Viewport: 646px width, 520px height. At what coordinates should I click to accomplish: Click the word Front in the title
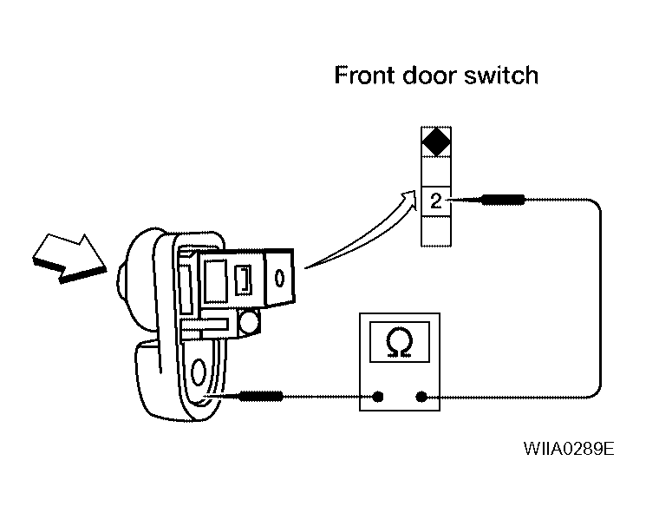pos(364,76)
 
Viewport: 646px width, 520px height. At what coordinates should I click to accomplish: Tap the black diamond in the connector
pos(436,142)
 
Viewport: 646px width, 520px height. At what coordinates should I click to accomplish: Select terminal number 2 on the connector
pos(436,201)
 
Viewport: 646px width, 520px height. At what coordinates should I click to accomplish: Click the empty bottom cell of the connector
pos(436,231)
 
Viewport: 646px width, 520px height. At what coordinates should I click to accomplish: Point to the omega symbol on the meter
pos(399,342)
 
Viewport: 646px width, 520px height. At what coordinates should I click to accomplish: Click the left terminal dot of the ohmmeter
pos(378,397)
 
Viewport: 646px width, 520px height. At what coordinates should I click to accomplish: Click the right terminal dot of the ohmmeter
pos(421,397)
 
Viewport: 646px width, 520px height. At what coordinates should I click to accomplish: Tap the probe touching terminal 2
pos(487,200)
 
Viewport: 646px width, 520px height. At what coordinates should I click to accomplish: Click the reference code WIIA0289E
pos(569,448)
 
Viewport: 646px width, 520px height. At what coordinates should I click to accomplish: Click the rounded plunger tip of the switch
pos(121,280)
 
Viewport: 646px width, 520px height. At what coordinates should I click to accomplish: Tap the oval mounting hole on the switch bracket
pos(199,372)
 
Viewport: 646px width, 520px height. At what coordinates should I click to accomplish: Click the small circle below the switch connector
pos(249,321)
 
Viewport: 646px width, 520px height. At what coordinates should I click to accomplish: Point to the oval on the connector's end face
pos(279,278)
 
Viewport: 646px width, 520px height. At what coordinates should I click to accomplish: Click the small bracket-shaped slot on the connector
pos(243,280)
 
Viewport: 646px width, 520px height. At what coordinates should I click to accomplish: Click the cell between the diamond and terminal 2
pos(436,172)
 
